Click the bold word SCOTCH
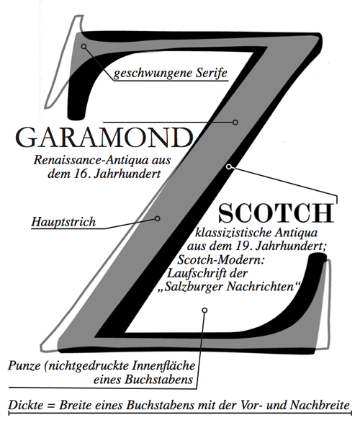point(276,213)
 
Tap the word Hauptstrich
point(63,222)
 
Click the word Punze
point(24,366)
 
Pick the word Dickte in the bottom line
point(26,405)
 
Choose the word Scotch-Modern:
point(221,259)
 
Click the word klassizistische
point(236,233)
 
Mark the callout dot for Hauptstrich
point(158,218)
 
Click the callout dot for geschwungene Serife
point(84,46)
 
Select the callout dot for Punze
point(204,310)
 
